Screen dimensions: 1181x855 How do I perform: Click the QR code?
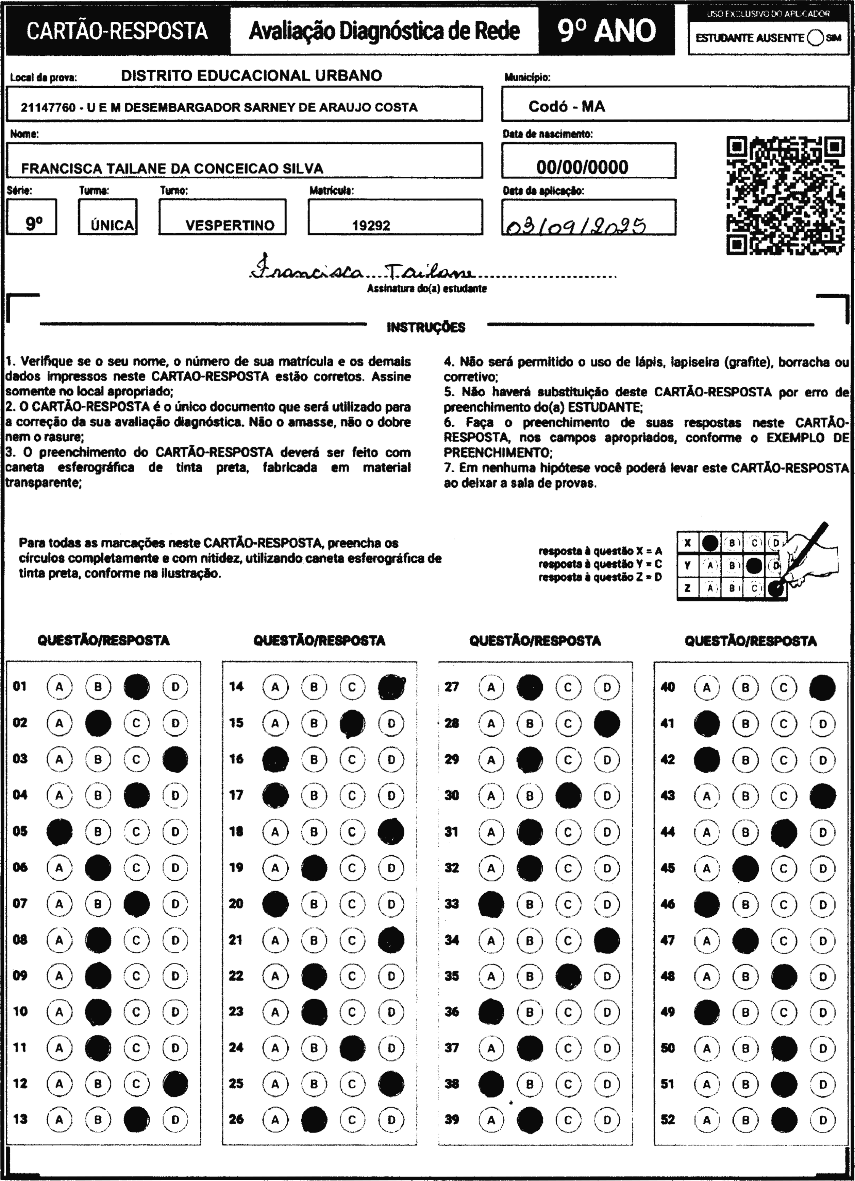coord(785,196)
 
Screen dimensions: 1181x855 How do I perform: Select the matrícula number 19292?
coord(371,226)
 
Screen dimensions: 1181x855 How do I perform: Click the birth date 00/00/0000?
coord(582,167)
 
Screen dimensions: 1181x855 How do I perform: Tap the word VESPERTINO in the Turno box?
coord(230,226)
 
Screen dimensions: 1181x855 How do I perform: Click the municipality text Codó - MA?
coord(567,107)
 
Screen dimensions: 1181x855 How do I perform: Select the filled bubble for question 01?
coord(137,687)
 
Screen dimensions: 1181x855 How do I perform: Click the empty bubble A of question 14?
coord(275,687)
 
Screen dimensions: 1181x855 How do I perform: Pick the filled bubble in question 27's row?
coord(530,687)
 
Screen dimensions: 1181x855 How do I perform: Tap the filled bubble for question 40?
coord(822,688)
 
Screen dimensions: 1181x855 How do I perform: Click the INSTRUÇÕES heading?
coord(426,328)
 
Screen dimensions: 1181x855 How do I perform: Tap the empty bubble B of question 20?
coord(314,903)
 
